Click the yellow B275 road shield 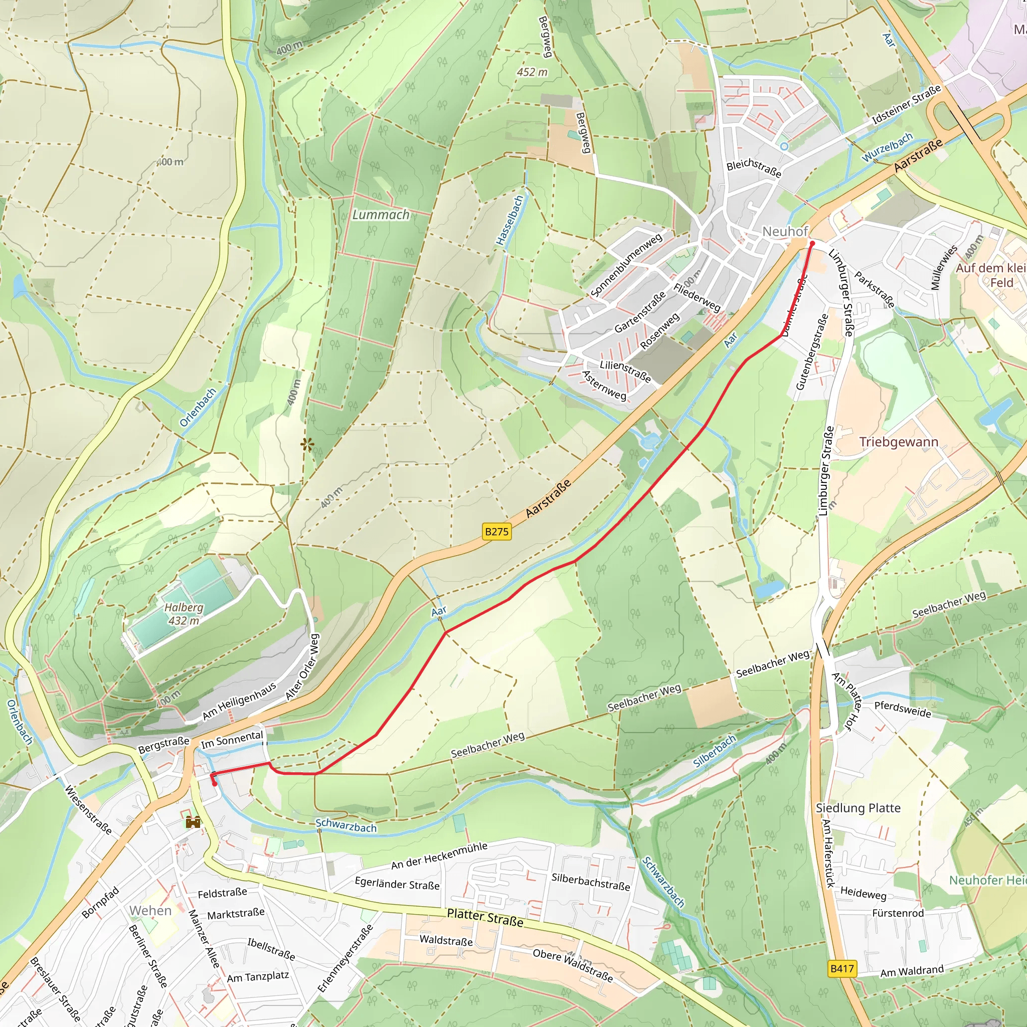(x=497, y=532)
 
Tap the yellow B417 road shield (x=842, y=968)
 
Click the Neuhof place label (x=785, y=231)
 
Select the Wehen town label (x=150, y=911)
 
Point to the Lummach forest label (x=381, y=215)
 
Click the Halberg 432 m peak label (x=184, y=614)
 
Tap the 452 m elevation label (x=532, y=72)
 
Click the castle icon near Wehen (x=193, y=822)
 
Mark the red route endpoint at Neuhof (x=812, y=243)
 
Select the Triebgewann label (x=898, y=442)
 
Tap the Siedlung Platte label (x=858, y=808)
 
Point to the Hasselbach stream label (x=510, y=220)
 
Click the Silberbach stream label (x=715, y=751)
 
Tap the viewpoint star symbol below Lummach (x=307, y=444)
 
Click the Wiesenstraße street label (x=88, y=809)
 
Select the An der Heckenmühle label (x=439, y=855)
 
